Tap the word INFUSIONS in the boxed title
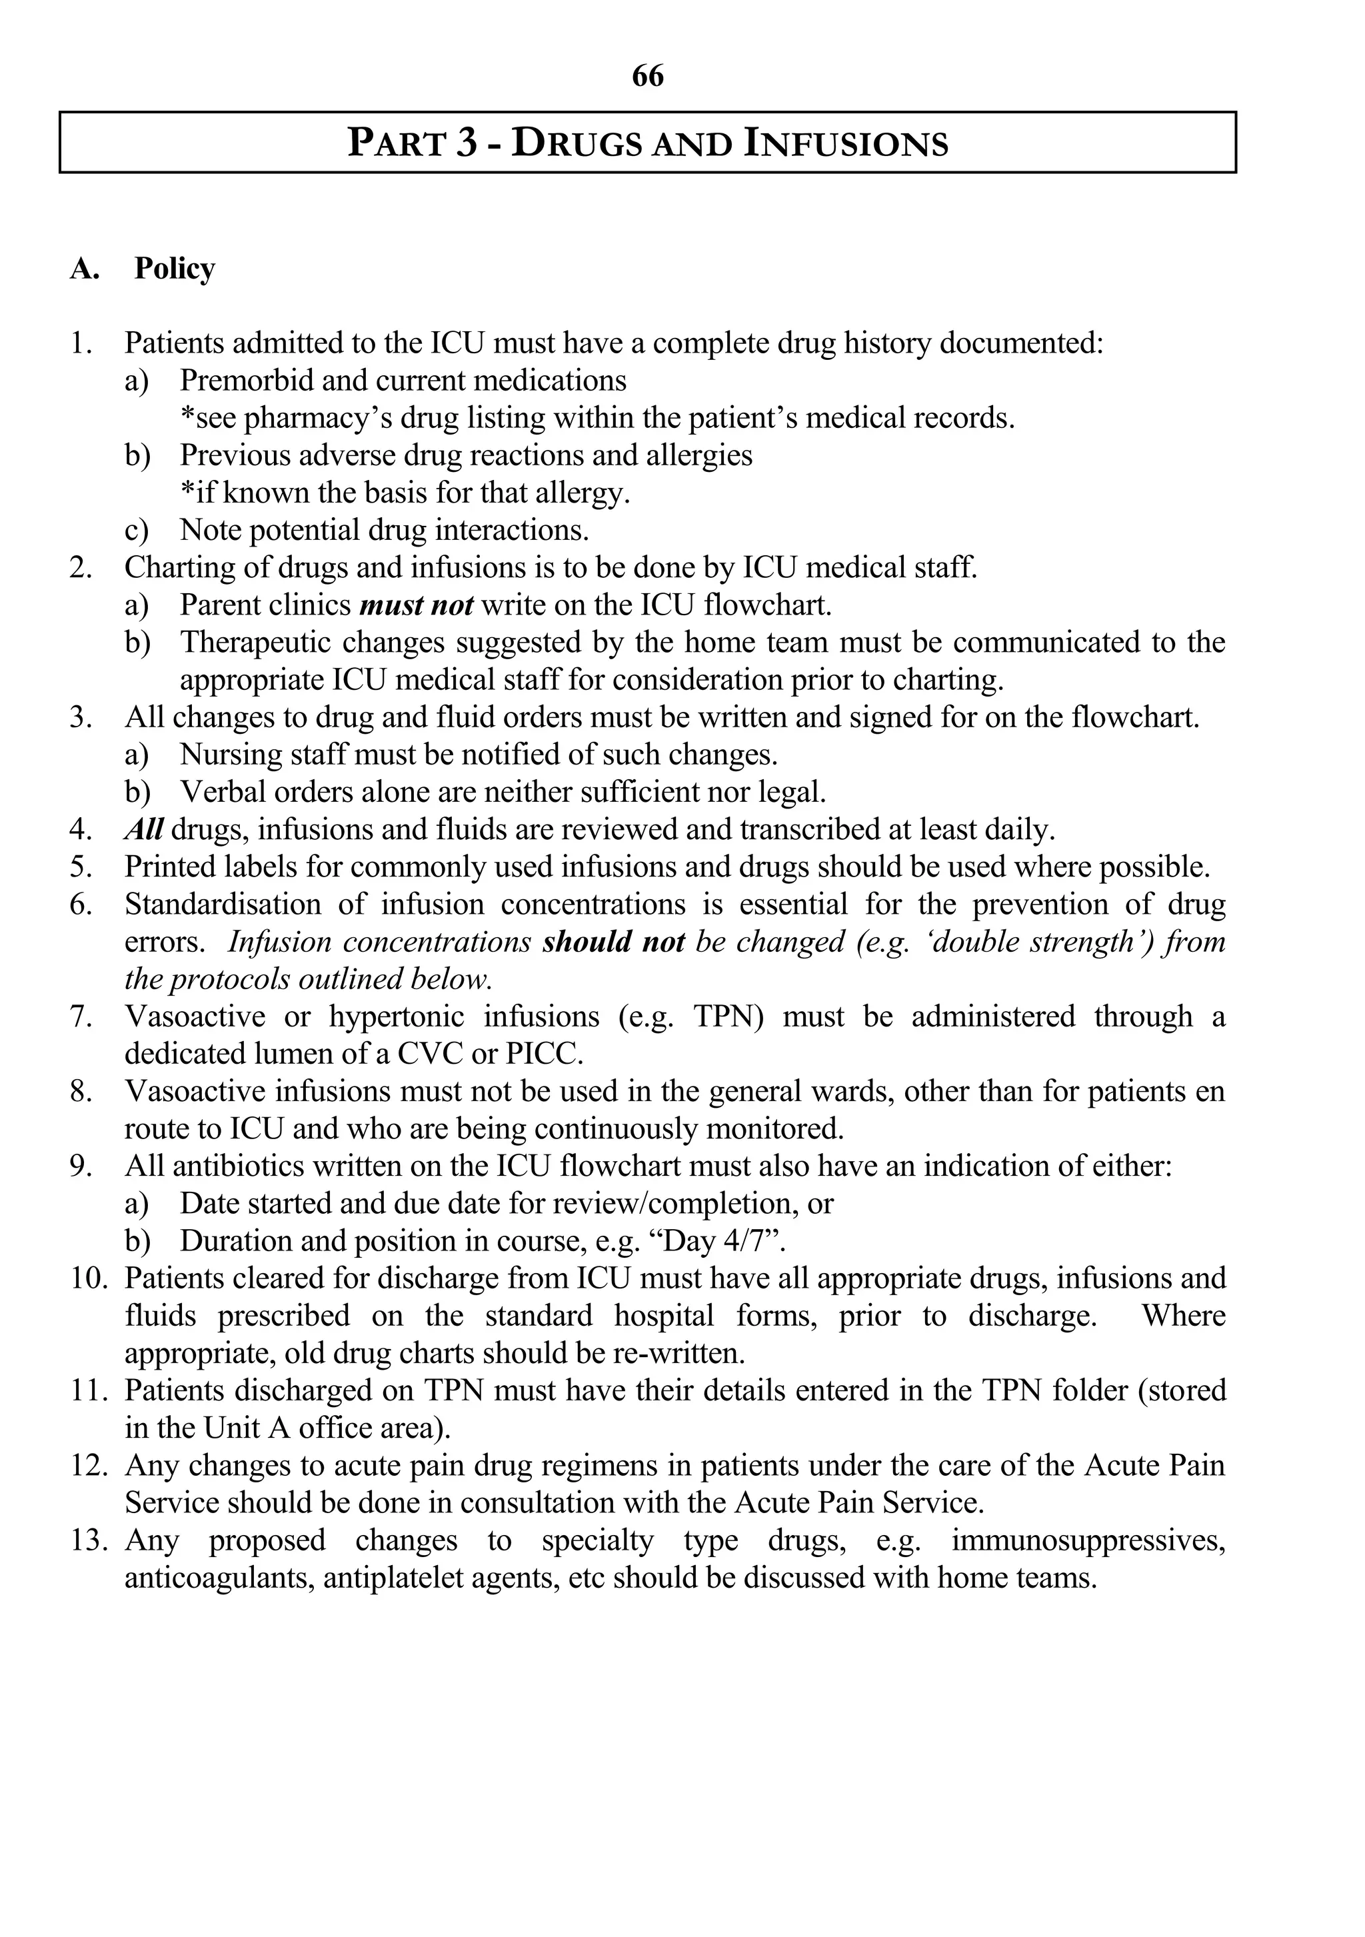pos(846,143)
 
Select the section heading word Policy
pos(175,268)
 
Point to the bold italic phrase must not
pos(416,605)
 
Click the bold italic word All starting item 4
pos(143,829)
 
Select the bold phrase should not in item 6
pos(613,941)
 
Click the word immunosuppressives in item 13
pos(1088,1540)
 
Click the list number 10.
pos(89,1278)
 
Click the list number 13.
pos(89,1540)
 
